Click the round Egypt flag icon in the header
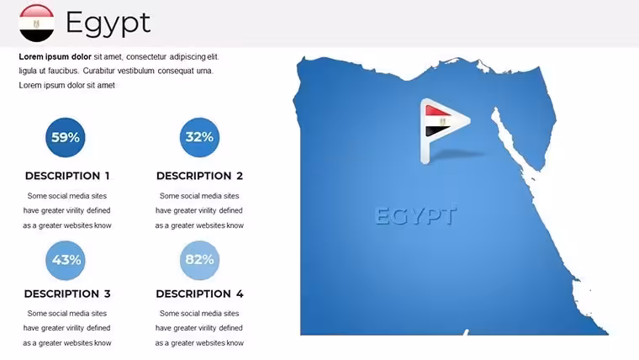point(36,24)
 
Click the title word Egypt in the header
point(108,24)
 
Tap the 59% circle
point(66,137)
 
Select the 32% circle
point(199,137)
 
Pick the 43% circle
point(66,260)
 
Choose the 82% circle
point(199,260)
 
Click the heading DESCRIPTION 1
point(67,176)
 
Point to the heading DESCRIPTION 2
point(200,176)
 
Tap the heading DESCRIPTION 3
point(67,294)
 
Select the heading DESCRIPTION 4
point(200,294)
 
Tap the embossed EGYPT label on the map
point(415,215)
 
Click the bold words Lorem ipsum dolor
point(55,56)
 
